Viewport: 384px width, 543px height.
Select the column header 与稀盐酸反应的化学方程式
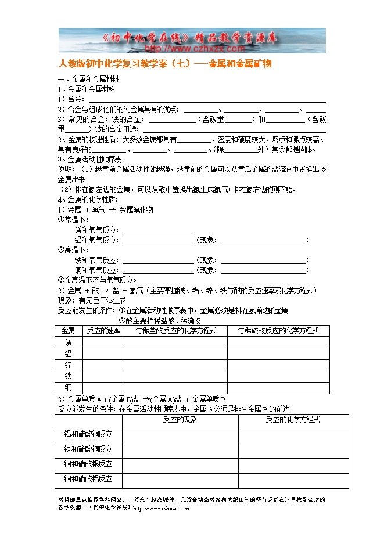click(x=176, y=330)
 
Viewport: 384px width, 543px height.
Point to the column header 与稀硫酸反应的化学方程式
click(x=278, y=330)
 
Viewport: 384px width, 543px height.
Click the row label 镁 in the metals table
click(x=69, y=342)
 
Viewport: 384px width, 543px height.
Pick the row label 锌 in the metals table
click(x=69, y=365)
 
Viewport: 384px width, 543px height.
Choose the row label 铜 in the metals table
click(x=69, y=387)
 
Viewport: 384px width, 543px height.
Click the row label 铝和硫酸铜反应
click(x=88, y=434)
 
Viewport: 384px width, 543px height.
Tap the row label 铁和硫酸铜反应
click(x=88, y=449)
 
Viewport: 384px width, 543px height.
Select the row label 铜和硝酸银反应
click(x=88, y=464)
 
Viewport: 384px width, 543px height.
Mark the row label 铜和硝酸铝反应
click(x=88, y=479)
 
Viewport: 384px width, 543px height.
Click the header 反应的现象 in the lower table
click(x=180, y=419)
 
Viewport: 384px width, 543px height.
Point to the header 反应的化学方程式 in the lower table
click(x=293, y=419)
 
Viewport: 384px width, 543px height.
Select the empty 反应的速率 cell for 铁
click(x=104, y=376)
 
